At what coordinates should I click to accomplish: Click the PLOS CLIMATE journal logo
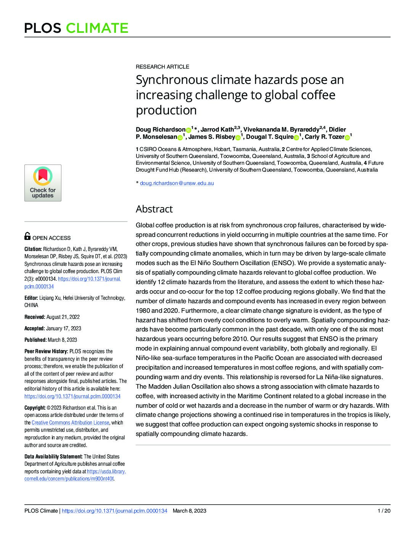(76, 28)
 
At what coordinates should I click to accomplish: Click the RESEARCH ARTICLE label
(162, 67)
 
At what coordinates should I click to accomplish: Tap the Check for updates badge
(43, 183)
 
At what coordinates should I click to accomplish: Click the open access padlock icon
(27, 236)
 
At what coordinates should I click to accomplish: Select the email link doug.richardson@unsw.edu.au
(177, 183)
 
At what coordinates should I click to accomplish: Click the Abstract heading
(154, 209)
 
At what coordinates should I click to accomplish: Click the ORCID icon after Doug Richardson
(188, 130)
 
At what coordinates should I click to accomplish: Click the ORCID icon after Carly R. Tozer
(347, 137)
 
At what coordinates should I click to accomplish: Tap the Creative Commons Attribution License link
(70, 423)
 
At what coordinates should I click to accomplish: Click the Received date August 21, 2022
(63, 317)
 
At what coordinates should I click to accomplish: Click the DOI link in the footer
(114, 511)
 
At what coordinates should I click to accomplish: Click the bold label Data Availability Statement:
(53, 457)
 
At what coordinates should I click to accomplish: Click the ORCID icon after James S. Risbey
(238, 137)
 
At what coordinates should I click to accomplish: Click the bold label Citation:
(33, 249)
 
